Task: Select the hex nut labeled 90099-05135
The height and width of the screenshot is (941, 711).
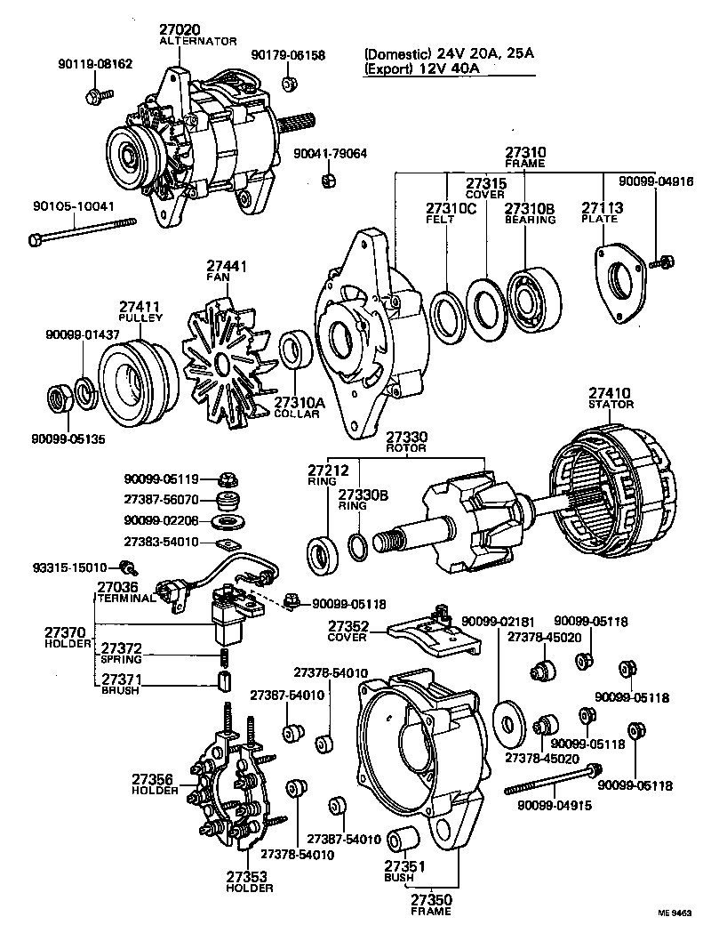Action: (60, 398)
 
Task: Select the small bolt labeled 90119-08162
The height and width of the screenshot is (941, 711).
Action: (99, 92)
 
